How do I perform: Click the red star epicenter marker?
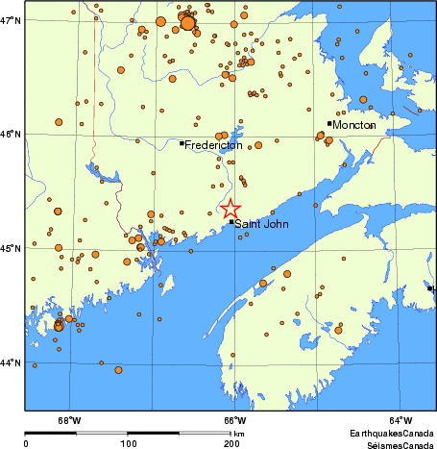pos(231,209)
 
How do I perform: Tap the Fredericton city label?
pos(213,145)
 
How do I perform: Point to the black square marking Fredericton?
pos(182,143)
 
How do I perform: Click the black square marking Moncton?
pos(329,123)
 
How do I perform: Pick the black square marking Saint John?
pos(231,222)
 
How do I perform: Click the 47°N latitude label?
pos(12,20)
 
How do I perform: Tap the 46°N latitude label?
pos(12,135)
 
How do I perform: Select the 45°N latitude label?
pos(12,249)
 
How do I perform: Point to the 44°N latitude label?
pos(12,363)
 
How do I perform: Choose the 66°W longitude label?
pos(235,419)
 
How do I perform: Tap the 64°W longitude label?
pos(401,419)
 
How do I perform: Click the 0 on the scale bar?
pos(25,443)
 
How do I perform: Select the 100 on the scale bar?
pos(129,443)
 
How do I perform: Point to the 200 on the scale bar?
pos(231,443)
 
